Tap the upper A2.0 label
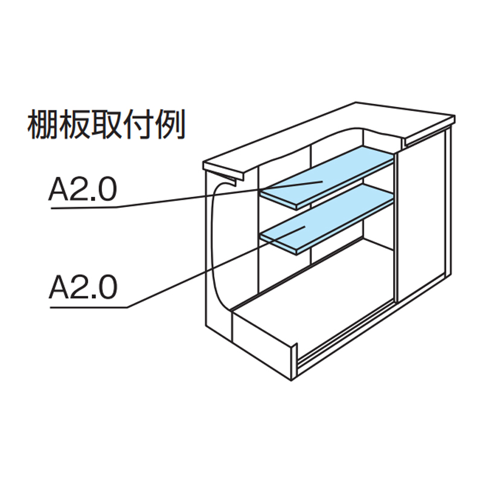pyautogui.click(x=82, y=191)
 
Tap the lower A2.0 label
pyautogui.click(x=82, y=288)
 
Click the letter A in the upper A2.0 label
pyautogui.click(x=59, y=191)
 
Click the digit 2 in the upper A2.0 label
pyautogui.click(x=78, y=191)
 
